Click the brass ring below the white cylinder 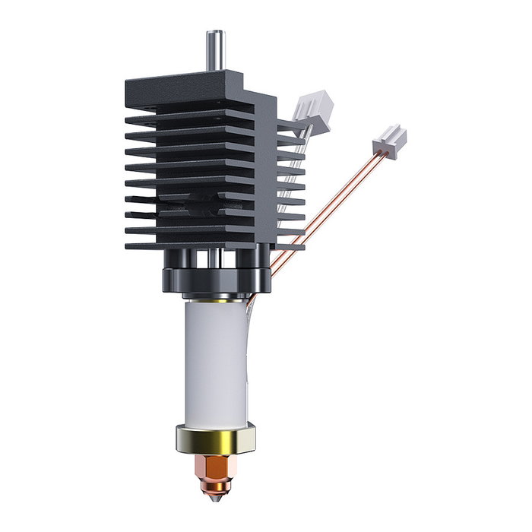[x=216, y=438]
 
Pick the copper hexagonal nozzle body [x=217, y=464]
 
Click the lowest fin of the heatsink [x=190, y=246]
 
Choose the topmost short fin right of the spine [x=289, y=122]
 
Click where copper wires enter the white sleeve [x=249, y=304]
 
